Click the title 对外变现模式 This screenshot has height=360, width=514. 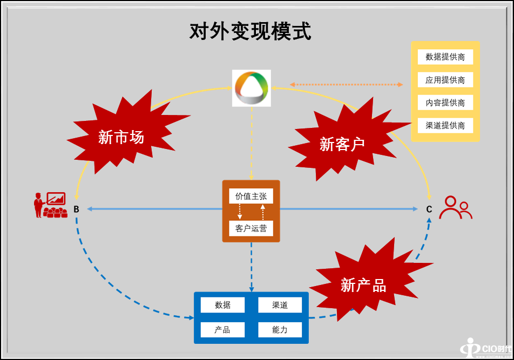(250, 32)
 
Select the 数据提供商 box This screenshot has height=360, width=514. (445, 57)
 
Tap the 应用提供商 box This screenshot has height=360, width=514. (445, 80)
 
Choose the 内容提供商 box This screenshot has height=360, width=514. (445, 103)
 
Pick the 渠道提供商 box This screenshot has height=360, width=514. (445, 126)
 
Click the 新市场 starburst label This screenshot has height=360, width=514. (121, 137)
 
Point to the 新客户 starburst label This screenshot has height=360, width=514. (342, 144)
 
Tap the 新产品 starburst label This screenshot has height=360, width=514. (363, 285)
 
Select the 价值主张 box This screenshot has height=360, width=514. (251, 196)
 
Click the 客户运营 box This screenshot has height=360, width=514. (251, 228)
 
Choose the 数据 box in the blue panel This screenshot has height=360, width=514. (222, 305)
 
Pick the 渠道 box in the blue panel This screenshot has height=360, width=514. (280, 305)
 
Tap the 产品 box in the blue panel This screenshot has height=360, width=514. (222, 329)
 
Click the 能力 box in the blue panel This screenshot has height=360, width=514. (280, 329)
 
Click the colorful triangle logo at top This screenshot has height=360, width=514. (251, 88)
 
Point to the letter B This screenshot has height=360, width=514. (76, 209)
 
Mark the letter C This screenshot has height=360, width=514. (429, 209)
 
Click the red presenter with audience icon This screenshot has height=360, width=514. (50, 205)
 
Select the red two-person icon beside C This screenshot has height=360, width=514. (455, 207)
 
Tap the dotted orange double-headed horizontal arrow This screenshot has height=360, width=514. (346, 84)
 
